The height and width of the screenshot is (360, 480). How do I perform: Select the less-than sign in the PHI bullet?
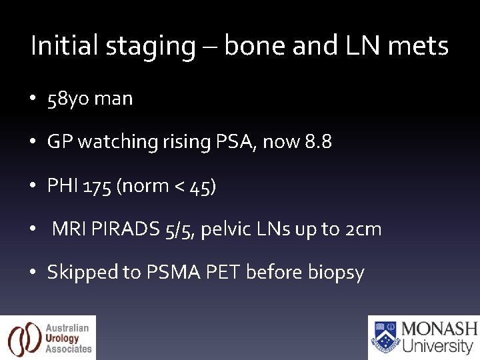coord(177,187)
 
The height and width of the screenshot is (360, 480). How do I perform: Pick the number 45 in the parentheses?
coord(200,187)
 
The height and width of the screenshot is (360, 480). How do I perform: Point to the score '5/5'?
coord(179,230)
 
